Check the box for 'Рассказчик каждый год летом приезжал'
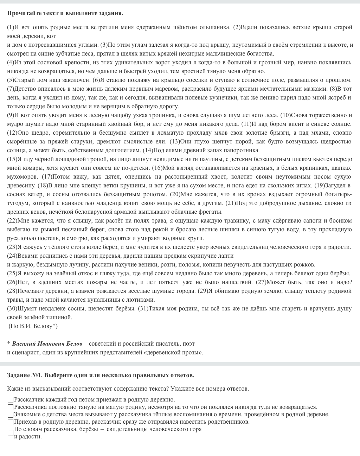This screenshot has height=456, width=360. (x=11, y=400)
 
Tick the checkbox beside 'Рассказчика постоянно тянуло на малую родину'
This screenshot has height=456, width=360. (x=11, y=407)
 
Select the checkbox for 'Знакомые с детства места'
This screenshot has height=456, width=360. (x=11, y=415)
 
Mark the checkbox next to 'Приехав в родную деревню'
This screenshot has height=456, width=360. (x=11, y=422)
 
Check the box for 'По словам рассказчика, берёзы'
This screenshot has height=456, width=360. (x=11, y=433)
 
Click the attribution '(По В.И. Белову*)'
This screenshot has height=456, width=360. (x=33, y=326)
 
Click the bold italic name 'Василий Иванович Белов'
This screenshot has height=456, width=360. (x=47, y=343)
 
